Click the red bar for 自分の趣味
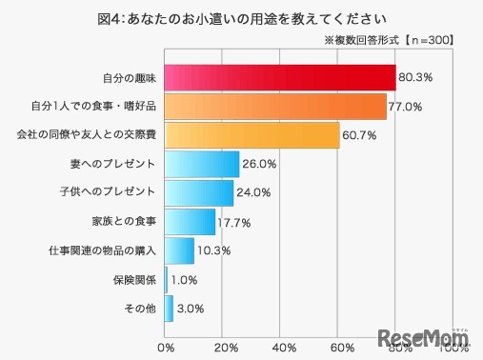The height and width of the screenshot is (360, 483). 280,77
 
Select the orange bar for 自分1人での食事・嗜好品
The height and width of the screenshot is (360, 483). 275,107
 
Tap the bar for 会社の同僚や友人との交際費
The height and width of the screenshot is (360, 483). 252,135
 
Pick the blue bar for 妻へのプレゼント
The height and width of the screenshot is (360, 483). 202,164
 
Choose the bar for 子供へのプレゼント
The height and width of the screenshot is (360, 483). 199,192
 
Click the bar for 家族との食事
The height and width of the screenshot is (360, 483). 191,221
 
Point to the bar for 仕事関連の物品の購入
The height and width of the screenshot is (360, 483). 180,250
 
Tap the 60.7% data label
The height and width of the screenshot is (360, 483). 361,135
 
